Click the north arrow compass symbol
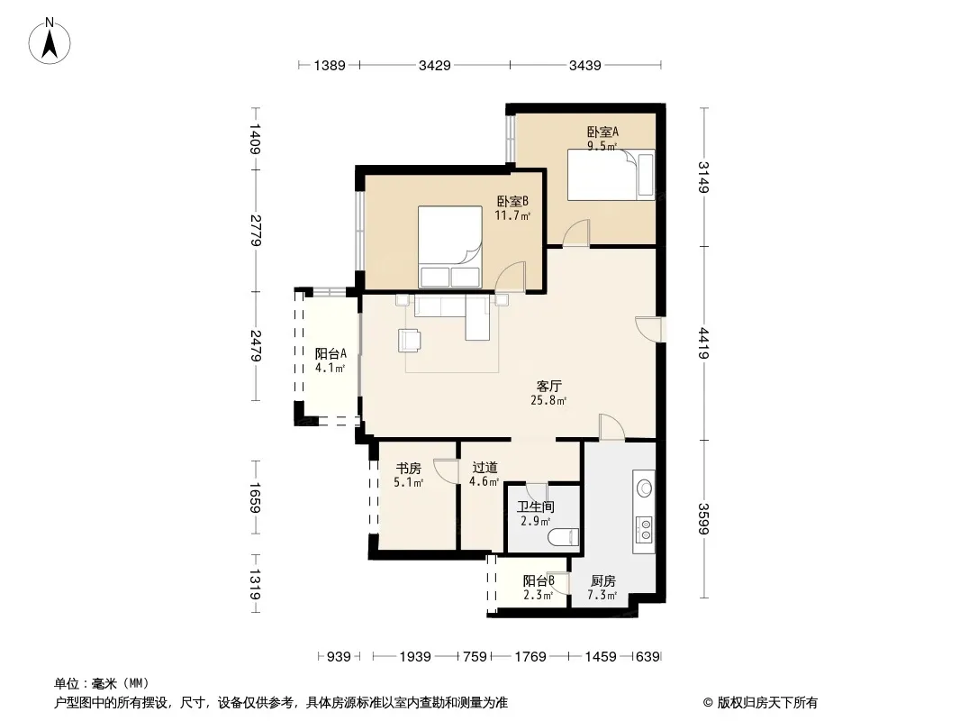50,41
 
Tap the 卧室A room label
602,132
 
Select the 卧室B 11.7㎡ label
512,208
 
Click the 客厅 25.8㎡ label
548,393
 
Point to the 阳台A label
331,353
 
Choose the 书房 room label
408,469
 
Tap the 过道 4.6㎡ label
485,475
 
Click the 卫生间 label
536,507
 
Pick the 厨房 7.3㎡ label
602,588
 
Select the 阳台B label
539,580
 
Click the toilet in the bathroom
564,537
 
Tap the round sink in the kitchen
644,488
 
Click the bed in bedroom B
449,247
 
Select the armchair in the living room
409,341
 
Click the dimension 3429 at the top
435,65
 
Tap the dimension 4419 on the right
704,343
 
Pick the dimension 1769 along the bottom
530,657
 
